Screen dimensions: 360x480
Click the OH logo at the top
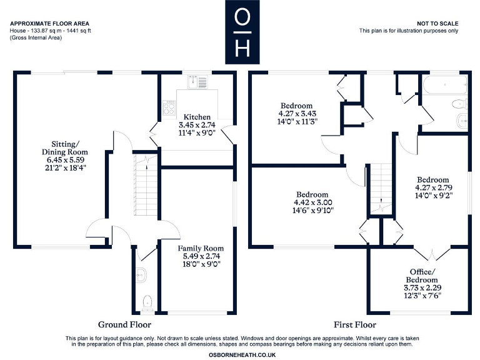coord(240,32)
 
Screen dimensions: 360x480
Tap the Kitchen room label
coord(197,117)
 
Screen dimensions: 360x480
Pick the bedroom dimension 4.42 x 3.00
coord(312,202)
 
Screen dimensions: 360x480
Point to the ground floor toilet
coord(147,302)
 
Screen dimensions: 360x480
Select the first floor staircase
coord(381,187)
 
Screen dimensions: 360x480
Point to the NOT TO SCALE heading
coord(437,22)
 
